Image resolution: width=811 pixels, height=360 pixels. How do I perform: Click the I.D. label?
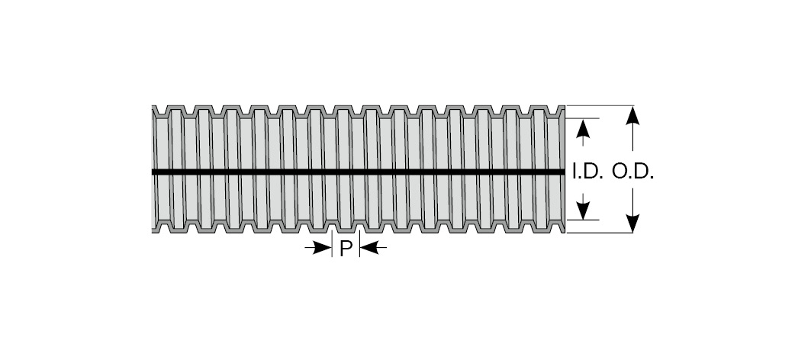(x=588, y=172)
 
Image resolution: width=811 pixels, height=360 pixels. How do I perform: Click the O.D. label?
(x=633, y=172)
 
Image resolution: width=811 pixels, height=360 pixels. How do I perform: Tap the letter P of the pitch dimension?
(x=346, y=249)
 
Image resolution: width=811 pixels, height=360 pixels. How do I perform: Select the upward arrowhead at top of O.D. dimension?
(x=632, y=115)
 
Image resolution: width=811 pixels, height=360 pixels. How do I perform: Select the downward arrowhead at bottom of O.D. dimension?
(x=632, y=223)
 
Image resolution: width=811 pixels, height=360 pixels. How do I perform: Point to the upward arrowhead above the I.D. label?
(x=583, y=128)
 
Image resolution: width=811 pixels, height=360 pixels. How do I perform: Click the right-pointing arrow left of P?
(x=319, y=249)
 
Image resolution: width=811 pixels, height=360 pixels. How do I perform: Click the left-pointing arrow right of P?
(x=373, y=249)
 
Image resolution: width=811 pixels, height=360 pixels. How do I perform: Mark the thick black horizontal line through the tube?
(x=358, y=172)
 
